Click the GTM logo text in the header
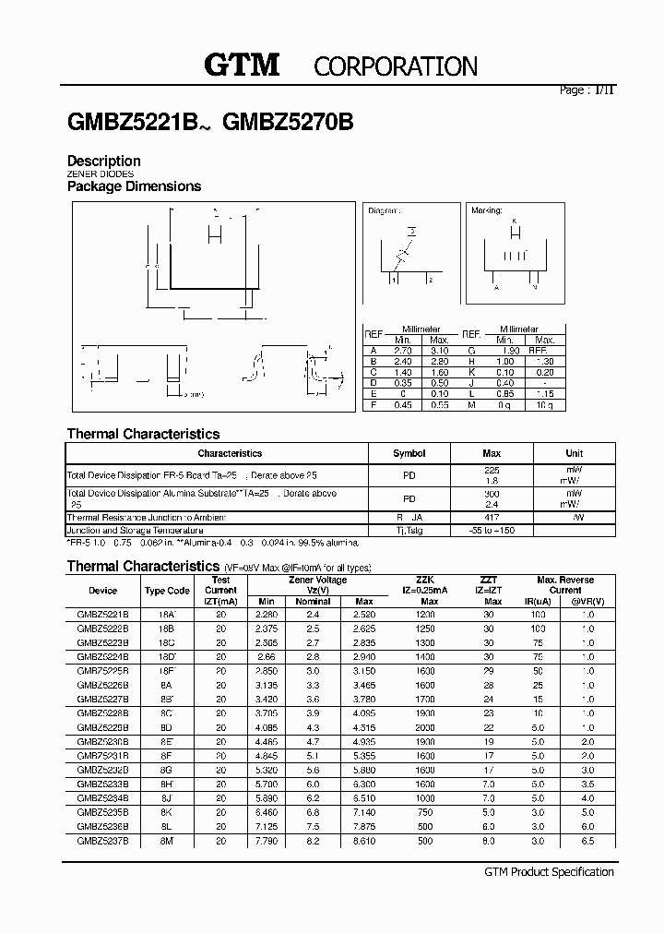click(x=241, y=65)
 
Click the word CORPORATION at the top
click(x=396, y=66)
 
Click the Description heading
click(x=104, y=161)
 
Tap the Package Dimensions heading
click(x=135, y=186)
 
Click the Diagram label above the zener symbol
click(x=384, y=211)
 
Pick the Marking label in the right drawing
click(x=487, y=211)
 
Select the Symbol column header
click(x=409, y=453)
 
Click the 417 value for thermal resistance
click(x=492, y=518)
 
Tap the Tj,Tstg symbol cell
click(x=409, y=531)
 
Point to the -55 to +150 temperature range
click(x=492, y=531)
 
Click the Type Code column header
click(x=167, y=591)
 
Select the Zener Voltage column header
click(x=318, y=580)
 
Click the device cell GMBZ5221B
click(x=103, y=614)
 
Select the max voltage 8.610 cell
click(x=364, y=843)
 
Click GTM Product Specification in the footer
click(x=549, y=872)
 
